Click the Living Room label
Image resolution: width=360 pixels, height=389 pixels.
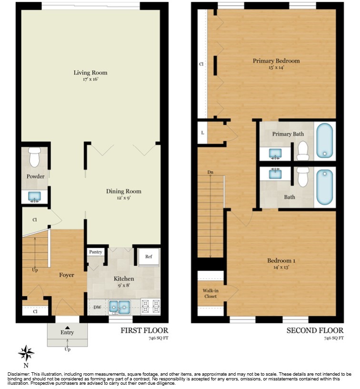90,72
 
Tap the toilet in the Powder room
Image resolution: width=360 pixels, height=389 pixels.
35,157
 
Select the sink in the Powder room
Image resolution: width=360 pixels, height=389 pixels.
35,196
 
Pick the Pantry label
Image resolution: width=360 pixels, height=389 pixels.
95,252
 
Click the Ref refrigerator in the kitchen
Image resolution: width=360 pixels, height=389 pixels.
149,256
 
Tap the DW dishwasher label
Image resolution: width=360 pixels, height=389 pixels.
96,307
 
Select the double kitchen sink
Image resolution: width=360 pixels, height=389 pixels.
119,306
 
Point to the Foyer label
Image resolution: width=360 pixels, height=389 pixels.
67,275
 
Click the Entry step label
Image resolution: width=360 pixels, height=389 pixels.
67,332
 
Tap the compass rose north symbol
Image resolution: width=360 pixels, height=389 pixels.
26,354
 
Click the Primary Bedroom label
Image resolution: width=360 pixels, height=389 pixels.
276,61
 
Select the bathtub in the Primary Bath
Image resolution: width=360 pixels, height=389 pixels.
325,141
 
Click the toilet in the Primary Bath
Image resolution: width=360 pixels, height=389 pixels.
303,151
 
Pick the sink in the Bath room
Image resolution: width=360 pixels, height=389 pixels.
275,174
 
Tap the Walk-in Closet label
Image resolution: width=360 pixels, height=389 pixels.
210,293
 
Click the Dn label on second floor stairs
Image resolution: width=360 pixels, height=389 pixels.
210,172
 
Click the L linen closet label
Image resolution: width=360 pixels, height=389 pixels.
202,132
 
